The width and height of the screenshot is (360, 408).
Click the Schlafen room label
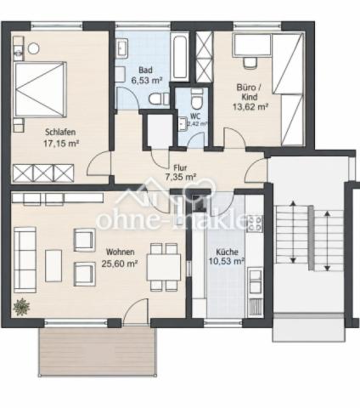[x=60, y=132]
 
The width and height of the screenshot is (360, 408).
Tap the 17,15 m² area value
[x=61, y=144]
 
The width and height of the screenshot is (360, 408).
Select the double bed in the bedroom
[x=40, y=89]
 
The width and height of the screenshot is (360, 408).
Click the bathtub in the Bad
[x=180, y=56]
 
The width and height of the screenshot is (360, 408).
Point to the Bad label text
[x=145, y=70]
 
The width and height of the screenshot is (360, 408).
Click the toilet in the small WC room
[x=197, y=99]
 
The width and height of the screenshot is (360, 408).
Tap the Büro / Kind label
[x=249, y=92]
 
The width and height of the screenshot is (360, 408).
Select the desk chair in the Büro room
[x=250, y=63]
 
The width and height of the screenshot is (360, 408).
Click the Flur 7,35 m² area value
[x=181, y=178]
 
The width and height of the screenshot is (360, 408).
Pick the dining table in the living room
[x=164, y=267]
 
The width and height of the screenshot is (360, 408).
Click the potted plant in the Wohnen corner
[x=21, y=307]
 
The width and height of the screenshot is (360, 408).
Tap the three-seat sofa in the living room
[x=25, y=260]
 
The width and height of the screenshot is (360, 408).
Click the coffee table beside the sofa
[x=53, y=266]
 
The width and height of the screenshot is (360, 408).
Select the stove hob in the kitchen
[x=254, y=224]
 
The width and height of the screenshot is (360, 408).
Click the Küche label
[x=227, y=252]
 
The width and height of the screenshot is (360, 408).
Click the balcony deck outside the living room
[x=98, y=352]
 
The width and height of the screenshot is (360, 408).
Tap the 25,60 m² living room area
[x=120, y=263]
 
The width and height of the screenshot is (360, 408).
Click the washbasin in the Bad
[x=122, y=48]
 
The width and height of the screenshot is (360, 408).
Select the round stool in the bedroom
[x=34, y=48]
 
